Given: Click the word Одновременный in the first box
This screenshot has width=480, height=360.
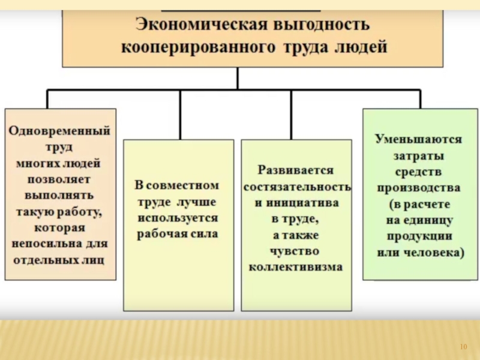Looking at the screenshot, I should [59, 130].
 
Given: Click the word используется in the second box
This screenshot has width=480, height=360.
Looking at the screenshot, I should [178, 217].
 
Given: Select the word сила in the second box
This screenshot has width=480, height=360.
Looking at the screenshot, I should [204, 233].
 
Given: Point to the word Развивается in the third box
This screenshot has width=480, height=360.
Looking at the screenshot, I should [296, 171].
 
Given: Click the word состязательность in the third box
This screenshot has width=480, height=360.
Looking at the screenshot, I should [296, 187].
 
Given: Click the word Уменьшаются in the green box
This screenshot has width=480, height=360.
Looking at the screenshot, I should [419, 140].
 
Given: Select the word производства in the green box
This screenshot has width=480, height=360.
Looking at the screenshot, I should [419, 187].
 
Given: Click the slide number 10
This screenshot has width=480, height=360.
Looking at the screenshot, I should [463, 347].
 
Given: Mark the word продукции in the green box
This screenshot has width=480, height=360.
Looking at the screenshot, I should [419, 236].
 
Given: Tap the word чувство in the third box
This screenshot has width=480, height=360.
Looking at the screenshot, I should [296, 251].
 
